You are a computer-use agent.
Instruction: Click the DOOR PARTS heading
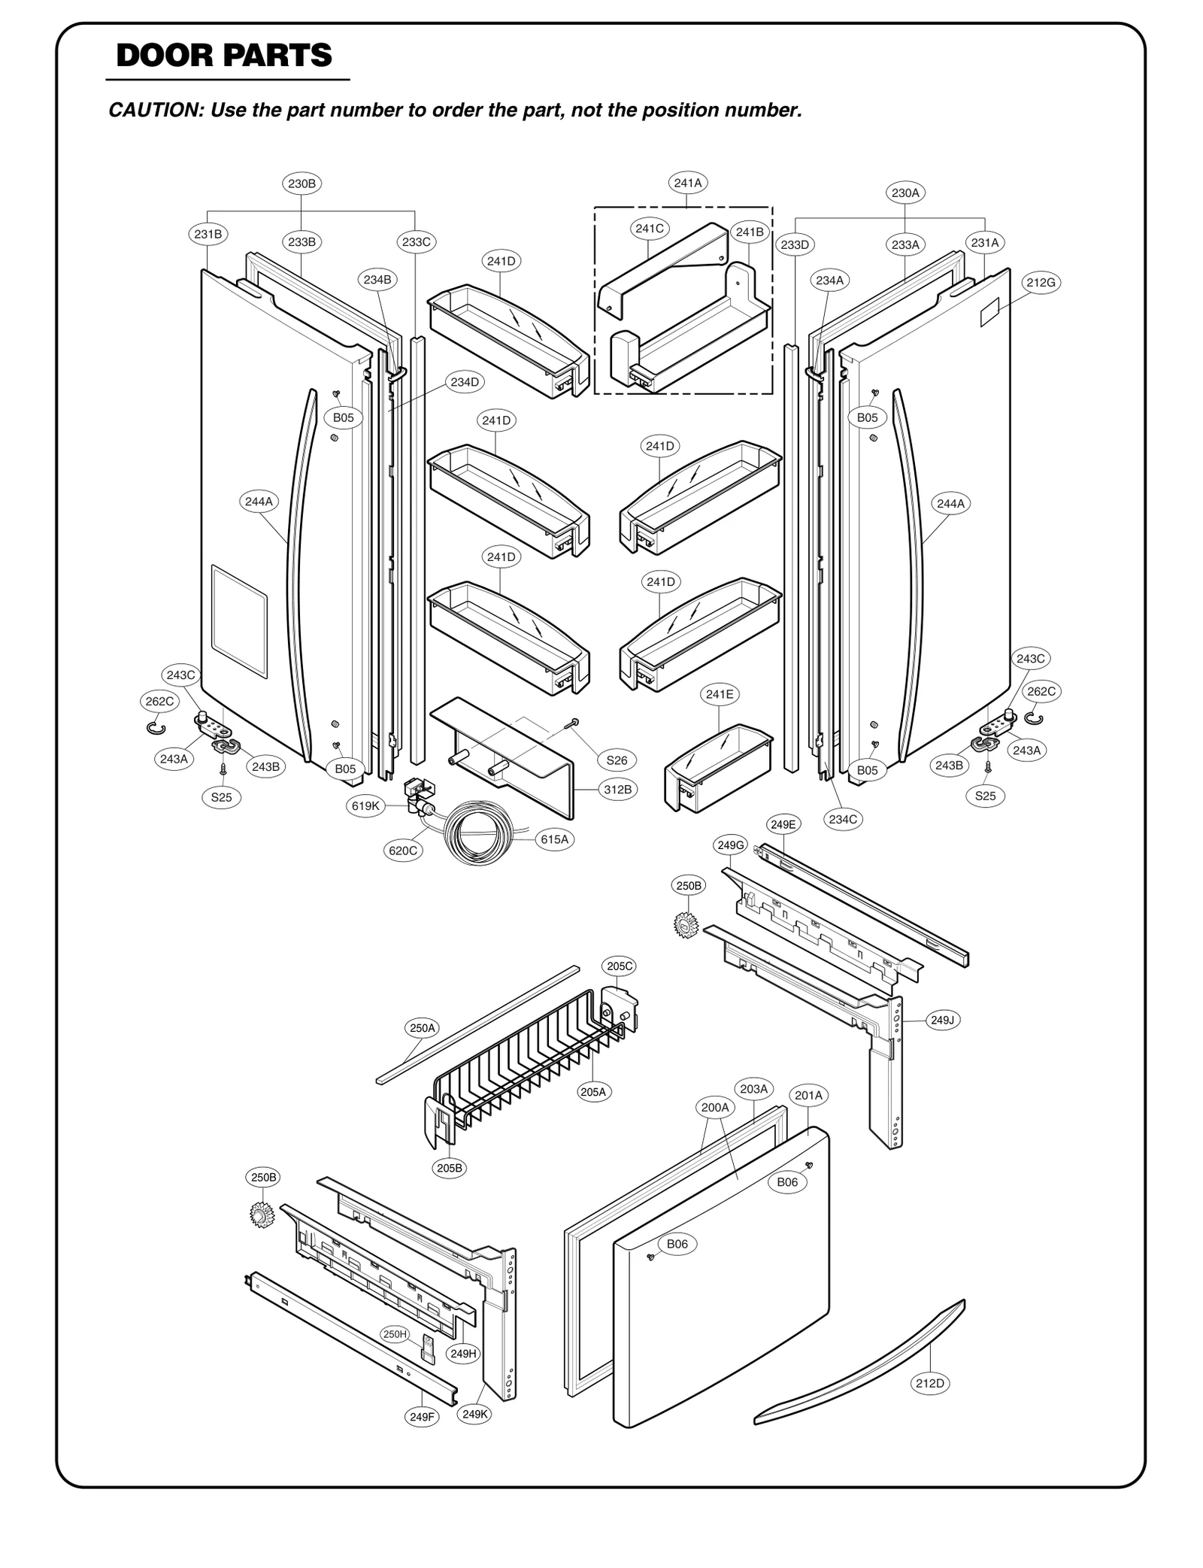pyautogui.click(x=224, y=56)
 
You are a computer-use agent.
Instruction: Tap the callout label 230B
pyautogui.click(x=302, y=183)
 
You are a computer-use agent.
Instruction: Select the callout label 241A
pyautogui.click(x=687, y=182)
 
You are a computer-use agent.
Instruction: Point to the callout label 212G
pyautogui.click(x=1041, y=283)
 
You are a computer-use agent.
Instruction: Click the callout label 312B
pyautogui.click(x=617, y=789)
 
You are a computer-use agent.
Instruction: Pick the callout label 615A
pyautogui.click(x=554, y=839)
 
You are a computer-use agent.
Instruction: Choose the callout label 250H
pyautogui.click(x=395, y=1334)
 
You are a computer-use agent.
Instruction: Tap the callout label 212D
pyautogui.click(x=929, y=1383)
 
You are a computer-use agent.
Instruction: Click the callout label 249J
pyautogui.click(x=942, y=1020)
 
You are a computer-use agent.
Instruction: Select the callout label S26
pyautogui.click(x=617, y=760)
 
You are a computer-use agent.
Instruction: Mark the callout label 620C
pyautogui.click(x=402, y=851)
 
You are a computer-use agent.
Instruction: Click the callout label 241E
pyautogui.click(x=720, y=694)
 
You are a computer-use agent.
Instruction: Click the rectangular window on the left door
pyautogui.click(x=239, y=620)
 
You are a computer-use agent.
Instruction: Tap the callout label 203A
pyautogui.click(x=753, y=1088)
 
